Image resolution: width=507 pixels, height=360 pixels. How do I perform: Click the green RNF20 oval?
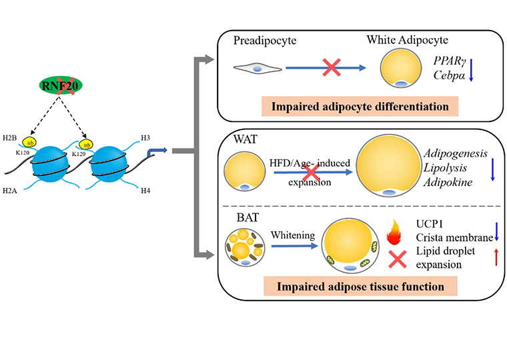61,85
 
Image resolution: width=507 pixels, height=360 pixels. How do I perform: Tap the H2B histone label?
9,138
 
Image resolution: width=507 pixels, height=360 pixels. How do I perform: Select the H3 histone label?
145,138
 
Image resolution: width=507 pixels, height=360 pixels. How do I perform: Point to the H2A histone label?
10,191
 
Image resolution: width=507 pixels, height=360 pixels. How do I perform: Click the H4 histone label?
145,191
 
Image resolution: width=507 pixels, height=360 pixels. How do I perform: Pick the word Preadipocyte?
265,41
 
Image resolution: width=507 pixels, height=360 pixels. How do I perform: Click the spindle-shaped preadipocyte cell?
258,69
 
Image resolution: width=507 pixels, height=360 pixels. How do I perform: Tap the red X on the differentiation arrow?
332,67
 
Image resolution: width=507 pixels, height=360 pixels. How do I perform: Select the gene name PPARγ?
450,61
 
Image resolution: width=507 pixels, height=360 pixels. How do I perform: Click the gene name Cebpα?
449,75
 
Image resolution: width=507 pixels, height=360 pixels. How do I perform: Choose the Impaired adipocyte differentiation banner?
360,106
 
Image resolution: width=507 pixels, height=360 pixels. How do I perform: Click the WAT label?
245,139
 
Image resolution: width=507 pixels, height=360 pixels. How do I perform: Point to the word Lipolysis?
445,168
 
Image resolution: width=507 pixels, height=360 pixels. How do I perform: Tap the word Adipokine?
448,182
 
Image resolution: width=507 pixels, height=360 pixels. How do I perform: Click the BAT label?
247,217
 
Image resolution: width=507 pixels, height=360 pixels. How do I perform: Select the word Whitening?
293,235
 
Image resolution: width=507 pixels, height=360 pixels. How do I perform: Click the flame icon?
394,232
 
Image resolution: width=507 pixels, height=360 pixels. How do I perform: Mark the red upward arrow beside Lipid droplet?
496,257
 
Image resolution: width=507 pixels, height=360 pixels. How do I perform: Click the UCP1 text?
430,223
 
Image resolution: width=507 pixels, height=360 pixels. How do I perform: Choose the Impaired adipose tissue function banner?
360,286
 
